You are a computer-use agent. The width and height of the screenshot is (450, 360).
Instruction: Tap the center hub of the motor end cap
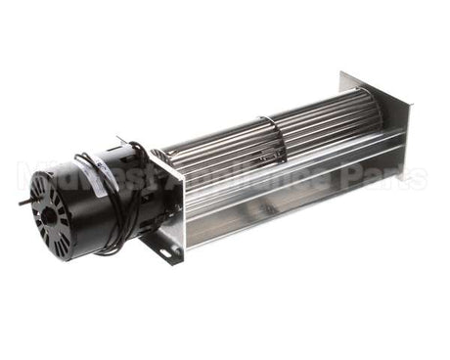coord(45,208)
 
